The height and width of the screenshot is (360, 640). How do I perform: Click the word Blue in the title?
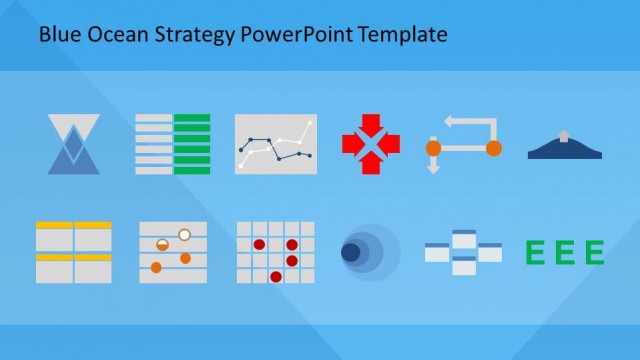click(57, 35)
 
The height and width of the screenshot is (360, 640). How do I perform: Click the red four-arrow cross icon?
click(370, 144)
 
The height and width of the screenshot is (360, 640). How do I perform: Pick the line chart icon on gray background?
click(275, 144)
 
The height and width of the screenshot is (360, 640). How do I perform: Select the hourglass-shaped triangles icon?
click(74, 144)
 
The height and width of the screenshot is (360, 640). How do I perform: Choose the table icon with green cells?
click(172, 144)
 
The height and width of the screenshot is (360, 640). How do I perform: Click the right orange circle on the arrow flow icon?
click(493, 148)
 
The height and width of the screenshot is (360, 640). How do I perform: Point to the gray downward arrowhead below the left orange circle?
click(433, 168)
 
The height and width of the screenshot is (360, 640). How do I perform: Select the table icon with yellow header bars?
click(73, 252)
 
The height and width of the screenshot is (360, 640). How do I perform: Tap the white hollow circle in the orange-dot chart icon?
click(184, 235)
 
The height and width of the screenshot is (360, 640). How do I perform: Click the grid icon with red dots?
click(275, 252)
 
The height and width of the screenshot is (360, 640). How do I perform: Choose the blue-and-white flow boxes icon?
click(463, 252)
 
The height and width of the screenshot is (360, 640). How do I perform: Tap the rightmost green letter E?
click(595, 253)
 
